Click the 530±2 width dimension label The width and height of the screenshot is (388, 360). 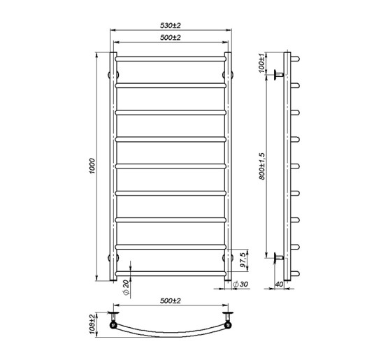click(170, 25)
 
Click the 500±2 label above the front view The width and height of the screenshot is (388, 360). click(170, 37)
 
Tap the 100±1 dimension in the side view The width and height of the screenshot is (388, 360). click(261, 63)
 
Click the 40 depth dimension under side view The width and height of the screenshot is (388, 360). click(279, 285)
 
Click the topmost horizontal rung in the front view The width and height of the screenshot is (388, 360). click(171, 59)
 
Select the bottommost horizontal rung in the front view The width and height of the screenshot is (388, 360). click(171, 271)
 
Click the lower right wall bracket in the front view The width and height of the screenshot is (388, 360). click(228, 258)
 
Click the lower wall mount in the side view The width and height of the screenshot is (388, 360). click(280, 258)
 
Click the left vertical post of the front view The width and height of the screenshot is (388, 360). click(114, 167)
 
